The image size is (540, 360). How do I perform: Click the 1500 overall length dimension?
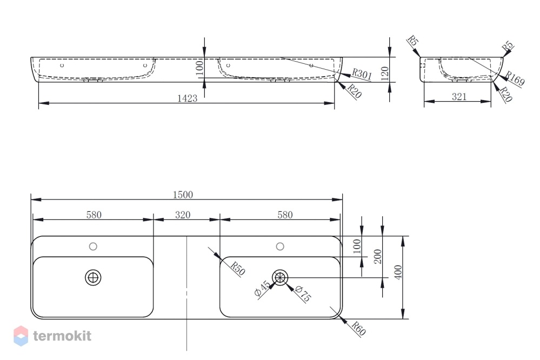183,195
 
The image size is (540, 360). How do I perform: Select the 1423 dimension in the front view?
188,98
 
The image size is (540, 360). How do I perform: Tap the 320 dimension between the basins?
183,215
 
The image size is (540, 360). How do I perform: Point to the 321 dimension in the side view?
459,97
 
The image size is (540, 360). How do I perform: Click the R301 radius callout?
362,74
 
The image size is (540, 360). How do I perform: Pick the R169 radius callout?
515,78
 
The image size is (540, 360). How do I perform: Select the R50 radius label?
238,269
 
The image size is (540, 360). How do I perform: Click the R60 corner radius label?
358,328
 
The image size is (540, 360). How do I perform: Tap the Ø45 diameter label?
262,289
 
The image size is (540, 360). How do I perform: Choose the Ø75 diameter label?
303,294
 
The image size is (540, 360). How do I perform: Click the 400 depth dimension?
398,272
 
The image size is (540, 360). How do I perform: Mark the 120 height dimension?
385,74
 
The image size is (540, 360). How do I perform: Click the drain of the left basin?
93,277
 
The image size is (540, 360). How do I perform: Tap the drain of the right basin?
280,277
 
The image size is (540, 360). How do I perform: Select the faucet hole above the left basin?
93,246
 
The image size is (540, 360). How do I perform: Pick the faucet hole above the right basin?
280,246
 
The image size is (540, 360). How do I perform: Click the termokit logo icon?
21,336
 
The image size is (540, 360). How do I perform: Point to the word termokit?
62,336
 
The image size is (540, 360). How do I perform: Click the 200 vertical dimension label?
378,257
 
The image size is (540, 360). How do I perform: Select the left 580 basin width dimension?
94,215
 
